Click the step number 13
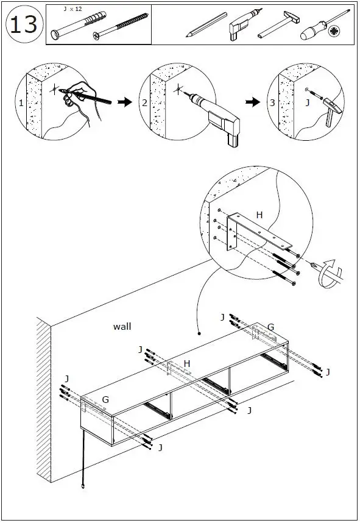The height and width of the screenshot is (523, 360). (x=24, y=24)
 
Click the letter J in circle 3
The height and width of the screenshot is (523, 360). (x=308, y=103)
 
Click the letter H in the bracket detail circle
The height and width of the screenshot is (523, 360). (x=259, y=215)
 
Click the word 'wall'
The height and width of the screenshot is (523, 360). (x=122, y=327)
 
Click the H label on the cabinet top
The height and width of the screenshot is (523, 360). (x=187, y=363)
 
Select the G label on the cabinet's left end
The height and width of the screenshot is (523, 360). (x=105, y=399)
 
